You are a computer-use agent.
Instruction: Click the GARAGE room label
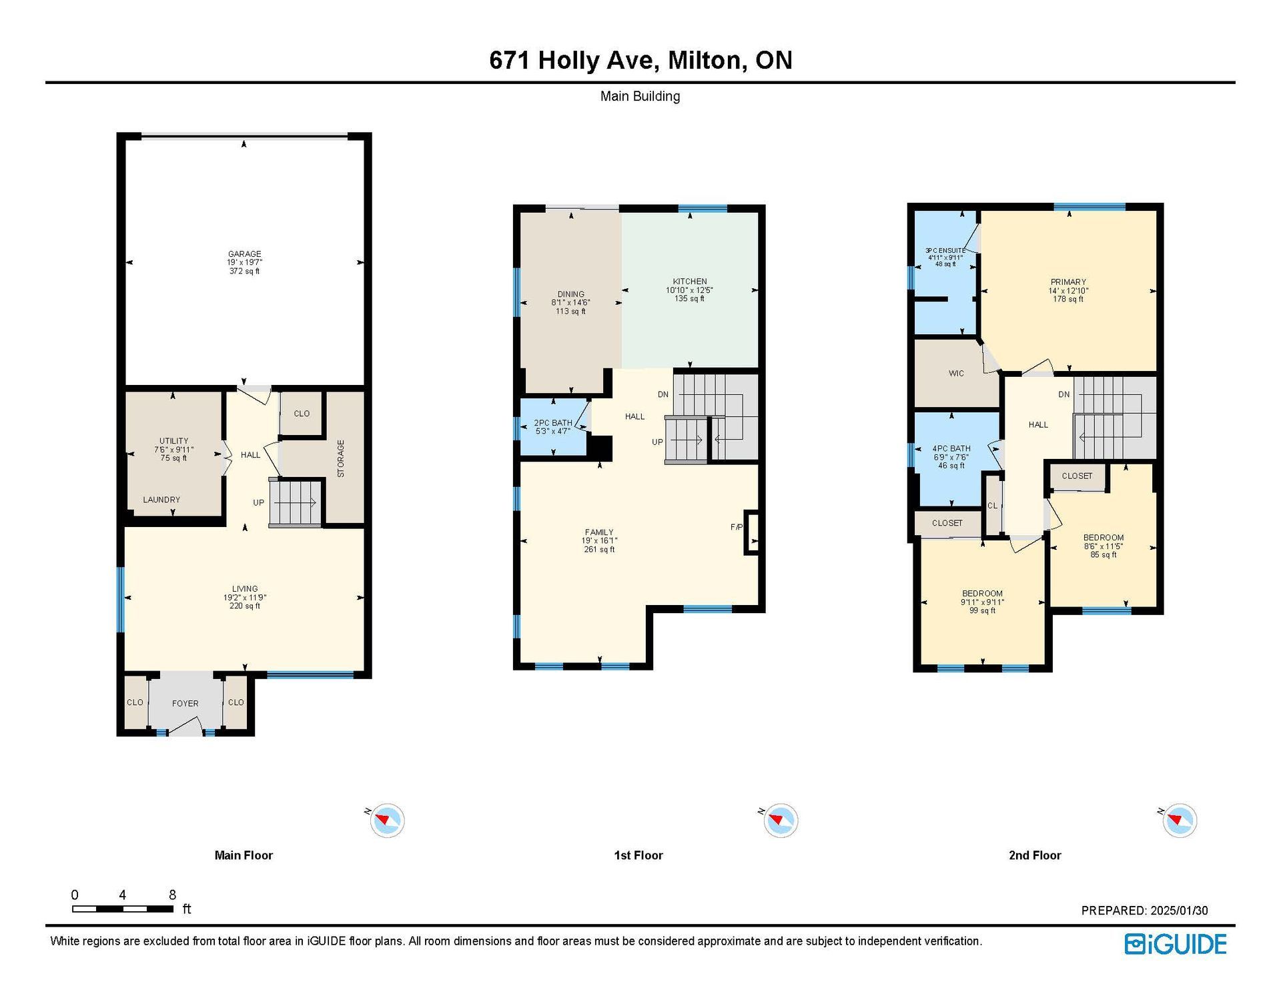244,254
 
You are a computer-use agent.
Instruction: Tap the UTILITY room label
173,441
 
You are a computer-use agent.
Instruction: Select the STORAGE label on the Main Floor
340,458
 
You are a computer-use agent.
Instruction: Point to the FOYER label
185,703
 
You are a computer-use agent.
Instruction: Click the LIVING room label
245,589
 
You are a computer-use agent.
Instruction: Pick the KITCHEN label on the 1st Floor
690,282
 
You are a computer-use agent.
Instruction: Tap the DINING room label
570,294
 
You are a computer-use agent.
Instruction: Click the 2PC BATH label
553,423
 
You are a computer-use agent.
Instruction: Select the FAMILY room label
599,532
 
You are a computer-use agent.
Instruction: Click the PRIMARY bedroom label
1068,282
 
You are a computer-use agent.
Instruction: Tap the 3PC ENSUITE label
945,251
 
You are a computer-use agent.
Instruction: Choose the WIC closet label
956,374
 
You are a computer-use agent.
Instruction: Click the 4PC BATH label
951,449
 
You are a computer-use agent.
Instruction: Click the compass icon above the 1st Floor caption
781,820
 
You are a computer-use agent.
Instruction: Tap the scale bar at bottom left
123,909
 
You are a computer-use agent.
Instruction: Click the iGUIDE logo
1176,944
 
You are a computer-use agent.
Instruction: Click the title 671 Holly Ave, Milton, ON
640,60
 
